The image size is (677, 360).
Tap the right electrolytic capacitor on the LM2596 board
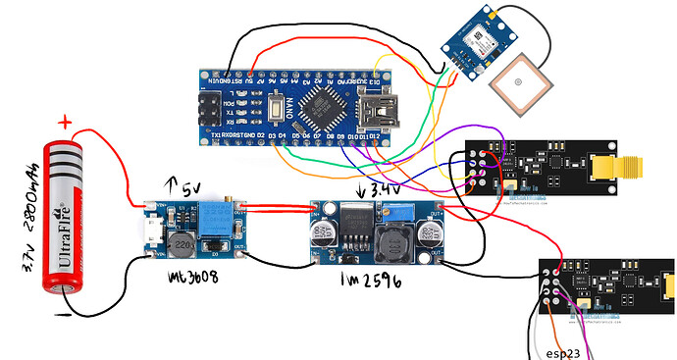click(x=429, y=233)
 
